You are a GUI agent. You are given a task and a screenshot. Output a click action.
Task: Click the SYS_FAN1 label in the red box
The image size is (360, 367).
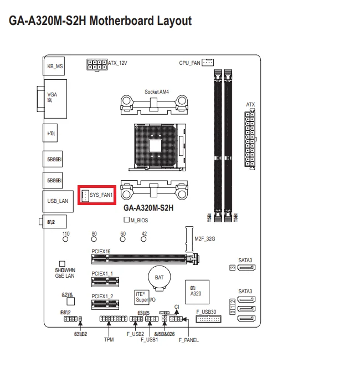click(101, 195)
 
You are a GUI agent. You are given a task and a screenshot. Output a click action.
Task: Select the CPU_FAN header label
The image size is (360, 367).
click(189, 63)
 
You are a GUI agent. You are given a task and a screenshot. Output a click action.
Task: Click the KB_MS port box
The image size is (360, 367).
click(55, 66)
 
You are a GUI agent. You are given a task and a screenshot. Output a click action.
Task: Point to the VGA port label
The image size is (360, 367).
click(52, 95)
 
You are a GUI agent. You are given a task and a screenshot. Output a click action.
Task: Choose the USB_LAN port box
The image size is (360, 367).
click(55, 201)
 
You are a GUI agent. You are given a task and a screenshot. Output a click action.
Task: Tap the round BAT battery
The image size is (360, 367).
click(158, 277)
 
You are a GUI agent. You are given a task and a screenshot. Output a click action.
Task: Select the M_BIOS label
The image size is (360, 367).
click(139, 220)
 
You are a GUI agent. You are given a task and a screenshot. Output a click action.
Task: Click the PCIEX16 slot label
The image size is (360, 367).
click(101, 251)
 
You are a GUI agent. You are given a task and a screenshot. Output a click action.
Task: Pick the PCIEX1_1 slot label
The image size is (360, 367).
click(102, 273)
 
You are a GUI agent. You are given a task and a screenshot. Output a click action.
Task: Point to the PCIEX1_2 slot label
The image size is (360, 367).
click(102, 296)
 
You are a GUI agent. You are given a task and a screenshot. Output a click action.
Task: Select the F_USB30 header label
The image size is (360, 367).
click(206, 312)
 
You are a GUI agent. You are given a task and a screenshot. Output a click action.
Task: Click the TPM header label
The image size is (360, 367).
click(109, 339)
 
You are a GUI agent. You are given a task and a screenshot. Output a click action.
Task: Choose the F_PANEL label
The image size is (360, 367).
click(188, 339)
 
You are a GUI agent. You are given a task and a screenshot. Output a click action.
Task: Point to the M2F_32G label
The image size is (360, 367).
click(204, 239)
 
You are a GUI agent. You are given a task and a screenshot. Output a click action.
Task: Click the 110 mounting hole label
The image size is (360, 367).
click(66, 234)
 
